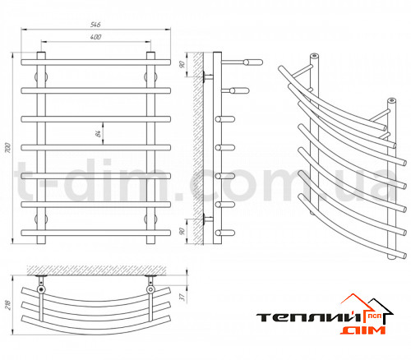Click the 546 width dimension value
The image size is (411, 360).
coord(95,25)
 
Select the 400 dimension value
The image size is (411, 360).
coord(95,37)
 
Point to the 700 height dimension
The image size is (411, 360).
coord(8,148)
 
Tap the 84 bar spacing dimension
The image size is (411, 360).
coord(98,134)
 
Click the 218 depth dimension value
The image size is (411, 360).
coord(7,305)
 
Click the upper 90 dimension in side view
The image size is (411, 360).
coord(182,65)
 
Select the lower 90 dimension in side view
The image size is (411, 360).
coord(182,231)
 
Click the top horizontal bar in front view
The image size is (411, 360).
coord(96,62)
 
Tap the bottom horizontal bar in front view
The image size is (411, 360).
coord(96,233)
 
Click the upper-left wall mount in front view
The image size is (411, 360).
coord(41,76)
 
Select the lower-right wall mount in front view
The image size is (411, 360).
coord(150,219)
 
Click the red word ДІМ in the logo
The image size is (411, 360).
coord(363,330)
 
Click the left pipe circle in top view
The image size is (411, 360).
coord(41,289)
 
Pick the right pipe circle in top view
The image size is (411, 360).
coord(150,289)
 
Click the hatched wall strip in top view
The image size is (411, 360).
coord(96,270)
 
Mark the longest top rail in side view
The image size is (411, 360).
coord(242,62)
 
